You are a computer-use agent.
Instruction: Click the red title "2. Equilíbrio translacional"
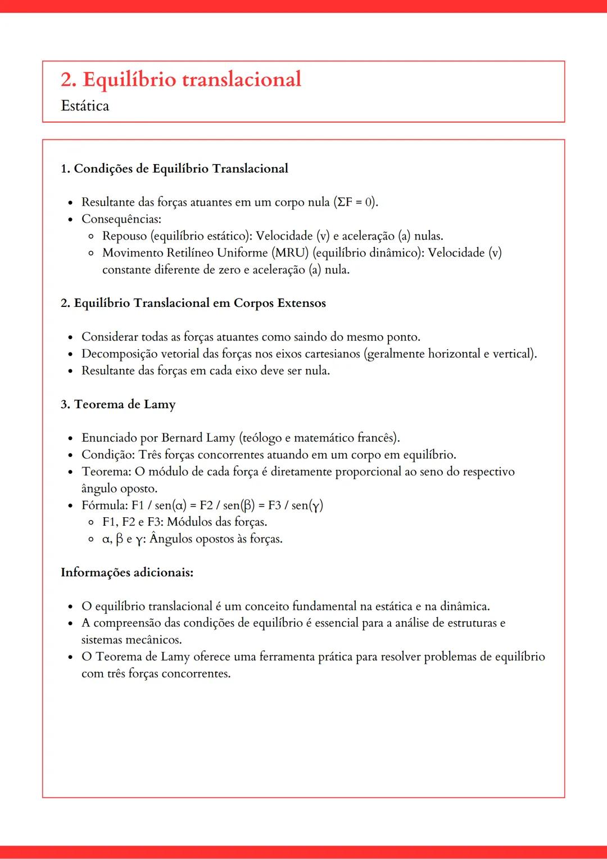181,79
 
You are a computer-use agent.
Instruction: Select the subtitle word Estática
85,106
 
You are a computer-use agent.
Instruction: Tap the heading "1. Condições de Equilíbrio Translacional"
174,169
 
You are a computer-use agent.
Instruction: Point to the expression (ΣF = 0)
355,202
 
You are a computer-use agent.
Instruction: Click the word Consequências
121,219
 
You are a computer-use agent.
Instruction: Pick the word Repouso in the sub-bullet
124,236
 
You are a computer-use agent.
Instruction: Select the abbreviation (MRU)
291,252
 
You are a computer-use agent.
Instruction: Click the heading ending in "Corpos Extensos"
193,303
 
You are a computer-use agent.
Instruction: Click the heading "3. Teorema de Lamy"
118,404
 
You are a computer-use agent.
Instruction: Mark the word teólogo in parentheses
261,437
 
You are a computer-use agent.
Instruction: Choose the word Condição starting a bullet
108,454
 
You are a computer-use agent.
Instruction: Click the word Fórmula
104,505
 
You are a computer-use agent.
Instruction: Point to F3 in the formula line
274,505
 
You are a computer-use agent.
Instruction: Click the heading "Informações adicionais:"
127,572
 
